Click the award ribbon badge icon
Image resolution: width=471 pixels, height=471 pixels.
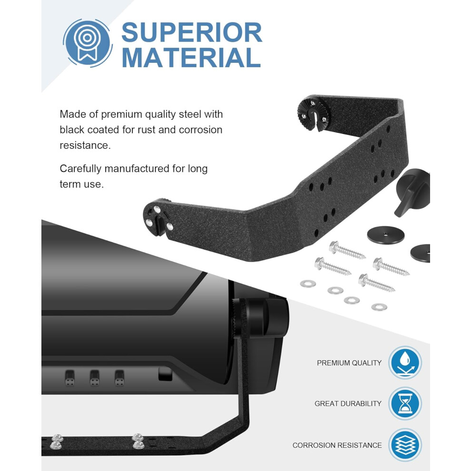pos(88,43)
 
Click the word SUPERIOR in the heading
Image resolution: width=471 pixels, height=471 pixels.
pos(192,32)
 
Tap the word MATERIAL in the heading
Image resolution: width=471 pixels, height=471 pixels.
pos(191,58)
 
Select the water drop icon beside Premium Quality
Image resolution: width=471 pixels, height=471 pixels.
pos(405,362)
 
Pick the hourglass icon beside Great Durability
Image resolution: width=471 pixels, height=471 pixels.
pos(405,403)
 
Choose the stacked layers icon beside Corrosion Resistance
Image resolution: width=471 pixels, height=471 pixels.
pos(405,444)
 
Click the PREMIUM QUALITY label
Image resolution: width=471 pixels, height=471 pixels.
pos(349,363)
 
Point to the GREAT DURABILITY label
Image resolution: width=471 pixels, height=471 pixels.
pos(348,403)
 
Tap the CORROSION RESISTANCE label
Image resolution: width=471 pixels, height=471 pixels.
pos(337,445)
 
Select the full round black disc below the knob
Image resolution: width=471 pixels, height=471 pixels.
pos(386,235)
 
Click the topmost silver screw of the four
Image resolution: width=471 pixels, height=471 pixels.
pos(347,250)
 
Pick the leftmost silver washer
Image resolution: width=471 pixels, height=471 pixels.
pos(308,283)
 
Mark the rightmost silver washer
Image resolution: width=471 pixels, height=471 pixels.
pos(379,307)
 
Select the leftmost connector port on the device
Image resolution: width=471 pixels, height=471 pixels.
pos(69,378)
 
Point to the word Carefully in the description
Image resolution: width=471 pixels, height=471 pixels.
pos(80,169)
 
